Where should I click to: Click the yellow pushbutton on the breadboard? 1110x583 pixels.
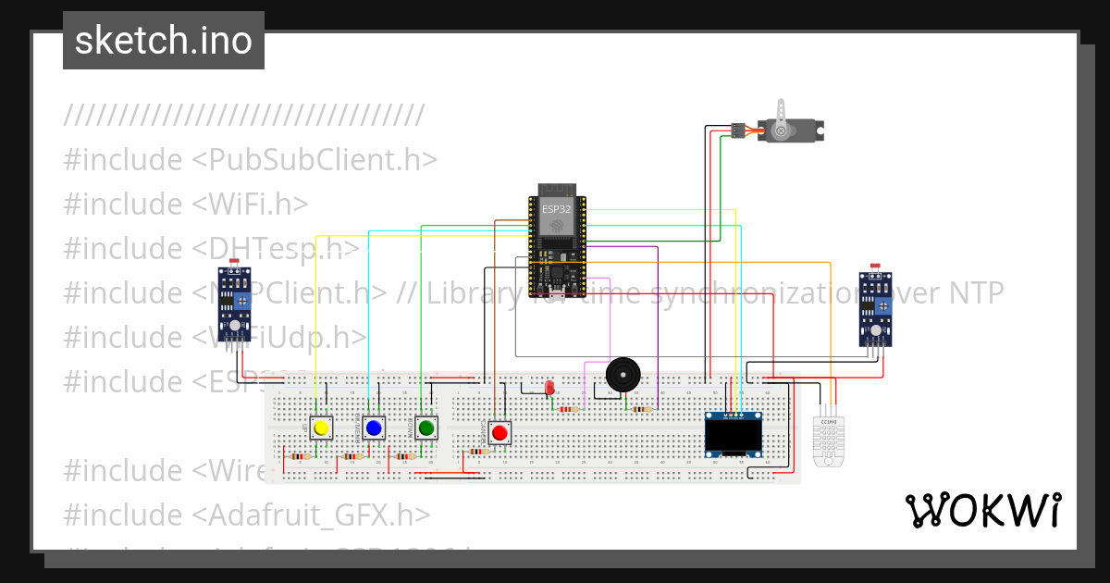[x=321, y=428]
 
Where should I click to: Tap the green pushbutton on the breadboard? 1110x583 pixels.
[x=426, y=428]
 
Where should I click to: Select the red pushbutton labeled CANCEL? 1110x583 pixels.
[x=500, y=432]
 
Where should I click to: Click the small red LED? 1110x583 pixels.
[x=549, y=388]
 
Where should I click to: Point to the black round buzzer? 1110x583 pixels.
[x=622, y=375]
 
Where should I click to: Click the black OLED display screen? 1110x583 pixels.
[x=733, y=433]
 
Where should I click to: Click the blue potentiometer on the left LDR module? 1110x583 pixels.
[x=242, y=301]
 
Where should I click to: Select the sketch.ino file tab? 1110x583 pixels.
[x=164, y=41]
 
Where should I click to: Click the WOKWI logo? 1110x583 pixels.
[x=982, y=510]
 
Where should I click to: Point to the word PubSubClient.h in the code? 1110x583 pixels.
[x=314, y=160]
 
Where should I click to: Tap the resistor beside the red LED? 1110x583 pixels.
[x=569, y=409]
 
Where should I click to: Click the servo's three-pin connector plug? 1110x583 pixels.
[x=738, y=130]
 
